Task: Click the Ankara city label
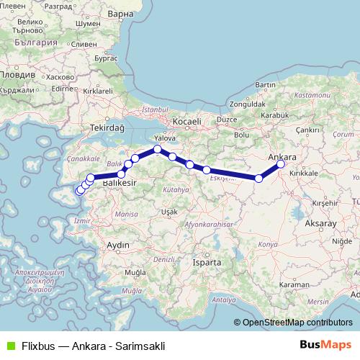[282, 156]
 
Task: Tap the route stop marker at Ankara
[281, 164]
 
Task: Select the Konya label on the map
[267, 245]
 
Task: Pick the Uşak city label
[169, 212]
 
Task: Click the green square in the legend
[9, 345]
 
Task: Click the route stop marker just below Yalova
[157, 149]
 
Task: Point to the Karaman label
[315, 285]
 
